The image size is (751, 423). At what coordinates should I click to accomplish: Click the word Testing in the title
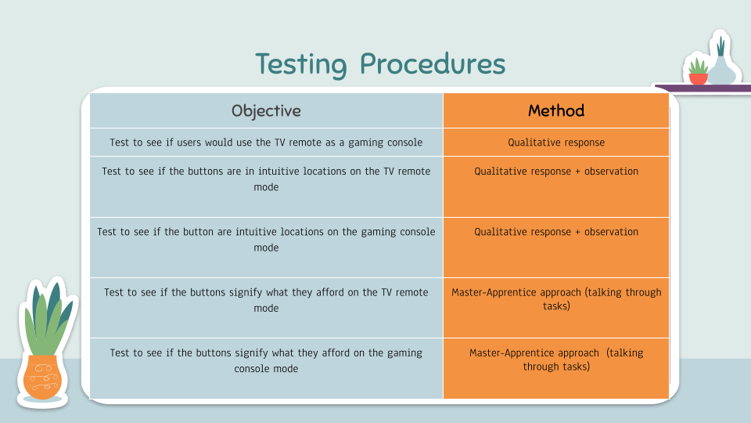pyautogui.click(x=300, y=64)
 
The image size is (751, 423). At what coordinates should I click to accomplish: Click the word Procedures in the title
pyautogui.click(x=433, y=63)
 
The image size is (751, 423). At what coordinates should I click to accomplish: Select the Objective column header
pyautogui.click(x=266, y=110)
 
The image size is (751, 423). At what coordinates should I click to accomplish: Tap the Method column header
pyautogui.click(x=556, y=110)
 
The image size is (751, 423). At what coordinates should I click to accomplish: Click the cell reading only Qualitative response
pyautogui.click(x=556, y=143)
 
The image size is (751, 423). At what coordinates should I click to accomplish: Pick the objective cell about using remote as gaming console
pyautogui.click(x=266, y=143)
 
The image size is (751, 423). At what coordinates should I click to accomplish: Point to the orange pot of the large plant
pyautogui.click(x=42, y=378)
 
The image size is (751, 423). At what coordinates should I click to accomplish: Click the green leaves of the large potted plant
pyautogui.click(x=48, y=317)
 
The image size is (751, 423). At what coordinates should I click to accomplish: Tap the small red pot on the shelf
pyautogui.click(x=698, y=78)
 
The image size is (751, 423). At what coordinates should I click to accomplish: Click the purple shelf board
pyautogui.click(x=702, y=89)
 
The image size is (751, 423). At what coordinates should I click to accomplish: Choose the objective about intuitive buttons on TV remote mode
pyautogui.click(x=266, y=187)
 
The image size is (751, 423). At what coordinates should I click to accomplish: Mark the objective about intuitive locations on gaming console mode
pyautogui.click(x=266, y=248)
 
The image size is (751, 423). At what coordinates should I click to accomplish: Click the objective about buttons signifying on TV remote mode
pyautogui.click(x=266, y=308)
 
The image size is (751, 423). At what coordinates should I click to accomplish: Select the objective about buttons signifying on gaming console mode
pyautogui.click(x=266, y=368)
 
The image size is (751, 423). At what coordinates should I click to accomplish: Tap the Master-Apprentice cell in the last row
pyautogui.click(x=556, y=368)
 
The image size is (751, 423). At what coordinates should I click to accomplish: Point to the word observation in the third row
pyautogui.click(x=611, y=232)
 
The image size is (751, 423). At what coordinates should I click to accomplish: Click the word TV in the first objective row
pyautogui.click(x=280, y=143)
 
